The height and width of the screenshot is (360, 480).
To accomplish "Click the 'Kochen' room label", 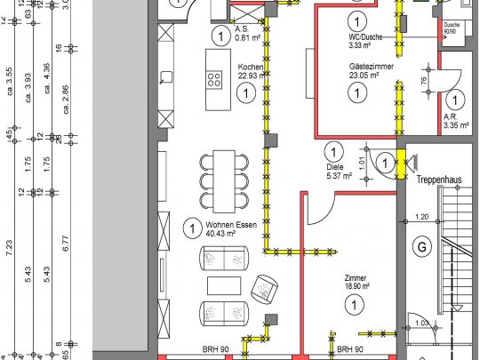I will [x=250, y=68].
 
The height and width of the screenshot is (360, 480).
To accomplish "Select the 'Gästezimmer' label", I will [x=371, y=67].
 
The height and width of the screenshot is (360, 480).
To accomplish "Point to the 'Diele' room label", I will [x=334, y=166].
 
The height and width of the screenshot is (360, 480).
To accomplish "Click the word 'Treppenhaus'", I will [x=439, y=180].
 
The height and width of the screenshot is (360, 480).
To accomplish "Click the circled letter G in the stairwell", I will [x=422, y=245].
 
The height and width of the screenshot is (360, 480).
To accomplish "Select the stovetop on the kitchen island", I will [x=215, y=80].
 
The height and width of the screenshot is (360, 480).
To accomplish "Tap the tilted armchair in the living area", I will [x=265, y=287].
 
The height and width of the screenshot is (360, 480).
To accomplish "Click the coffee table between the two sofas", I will [x=223, y=285].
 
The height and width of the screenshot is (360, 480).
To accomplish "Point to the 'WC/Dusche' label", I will [x=364, y=36].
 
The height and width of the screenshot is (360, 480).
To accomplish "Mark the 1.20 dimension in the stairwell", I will [x=422, y=217].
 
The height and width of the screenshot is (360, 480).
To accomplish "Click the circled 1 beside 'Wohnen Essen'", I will [x=190, y=228].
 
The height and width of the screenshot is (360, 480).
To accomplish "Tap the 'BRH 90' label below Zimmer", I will [x=349, y=350].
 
